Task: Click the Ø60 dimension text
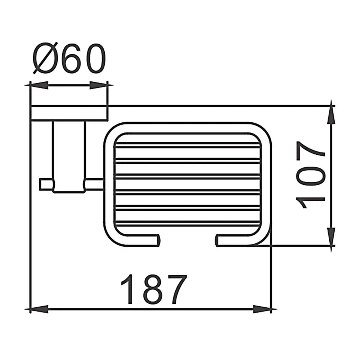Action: (69, 58)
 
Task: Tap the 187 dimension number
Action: (154, 289)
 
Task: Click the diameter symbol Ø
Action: (45, 58)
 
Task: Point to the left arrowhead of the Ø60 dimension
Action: (39, 85)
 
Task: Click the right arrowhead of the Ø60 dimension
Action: (98, 85)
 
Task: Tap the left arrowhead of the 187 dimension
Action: (39, 309)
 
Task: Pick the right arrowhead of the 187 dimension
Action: (262, 309)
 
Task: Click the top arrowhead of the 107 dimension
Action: (331, 115)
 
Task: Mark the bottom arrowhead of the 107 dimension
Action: (331, 237)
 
